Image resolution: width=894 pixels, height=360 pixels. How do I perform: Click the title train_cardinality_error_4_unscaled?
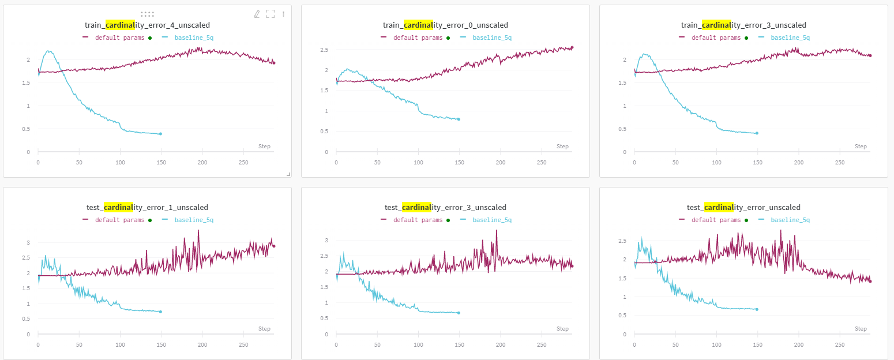(147, 25)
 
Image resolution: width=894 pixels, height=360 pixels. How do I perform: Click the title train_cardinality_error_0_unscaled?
(445, 25)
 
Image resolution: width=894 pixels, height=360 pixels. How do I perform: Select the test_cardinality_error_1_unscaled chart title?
(147, 208)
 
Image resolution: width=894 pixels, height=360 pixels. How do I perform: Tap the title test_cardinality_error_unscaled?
(743, 208)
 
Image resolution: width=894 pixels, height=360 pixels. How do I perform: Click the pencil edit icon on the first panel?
(257, 14)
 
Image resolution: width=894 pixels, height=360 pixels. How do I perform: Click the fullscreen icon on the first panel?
(270, 14)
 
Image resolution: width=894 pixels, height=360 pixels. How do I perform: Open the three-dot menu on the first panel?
(283, 14)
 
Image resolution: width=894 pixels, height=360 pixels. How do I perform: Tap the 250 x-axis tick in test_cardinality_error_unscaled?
(840, 345)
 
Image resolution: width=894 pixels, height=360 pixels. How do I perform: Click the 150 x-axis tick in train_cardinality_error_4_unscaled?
(161, 163)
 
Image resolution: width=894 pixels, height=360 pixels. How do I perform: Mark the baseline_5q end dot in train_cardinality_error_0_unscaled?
(459, 119)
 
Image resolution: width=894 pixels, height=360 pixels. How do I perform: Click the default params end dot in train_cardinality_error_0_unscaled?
(572, 47)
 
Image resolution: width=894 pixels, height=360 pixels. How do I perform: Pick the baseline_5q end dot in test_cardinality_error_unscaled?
(757, 309)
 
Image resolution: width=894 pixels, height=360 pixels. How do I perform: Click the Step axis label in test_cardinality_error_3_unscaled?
(562, 329)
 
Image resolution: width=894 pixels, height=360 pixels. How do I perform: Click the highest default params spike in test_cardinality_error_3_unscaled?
(496, 230)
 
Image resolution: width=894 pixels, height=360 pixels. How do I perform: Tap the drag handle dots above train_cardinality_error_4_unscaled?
(147, 14)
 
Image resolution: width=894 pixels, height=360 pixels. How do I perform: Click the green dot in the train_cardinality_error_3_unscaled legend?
(746, 38)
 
